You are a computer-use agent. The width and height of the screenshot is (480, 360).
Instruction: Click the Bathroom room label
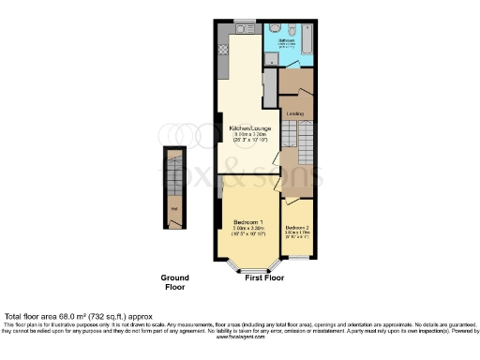point(288,39)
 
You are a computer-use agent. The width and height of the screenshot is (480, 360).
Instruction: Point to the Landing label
point(293,114)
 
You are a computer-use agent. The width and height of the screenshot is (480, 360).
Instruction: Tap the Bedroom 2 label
point(296,228)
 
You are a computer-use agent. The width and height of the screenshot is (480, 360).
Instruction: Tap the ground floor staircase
point(173,173)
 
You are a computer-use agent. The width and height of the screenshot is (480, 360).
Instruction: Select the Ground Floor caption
point(174,282)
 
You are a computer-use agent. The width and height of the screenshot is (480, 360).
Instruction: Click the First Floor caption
point(265,278)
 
